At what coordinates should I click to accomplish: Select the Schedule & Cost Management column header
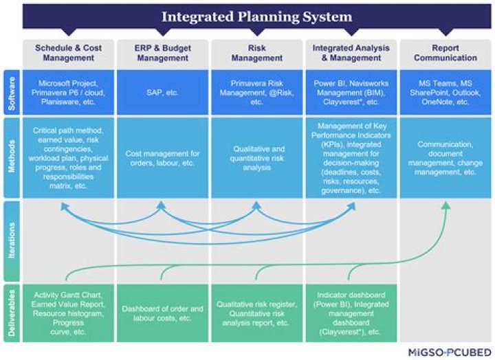click(x=67, y=53)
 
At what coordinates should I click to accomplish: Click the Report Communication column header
click(x=445, y=53)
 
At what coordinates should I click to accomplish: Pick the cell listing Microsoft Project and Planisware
click(x=67, y=92)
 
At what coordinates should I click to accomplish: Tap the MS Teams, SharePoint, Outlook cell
click(x=445, y=92)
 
